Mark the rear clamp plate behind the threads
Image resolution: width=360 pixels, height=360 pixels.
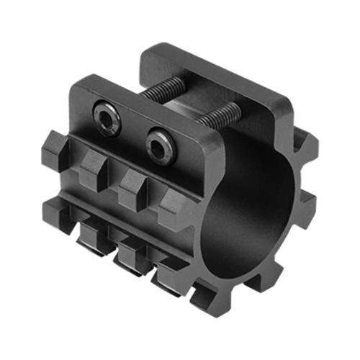click(216, 79)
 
